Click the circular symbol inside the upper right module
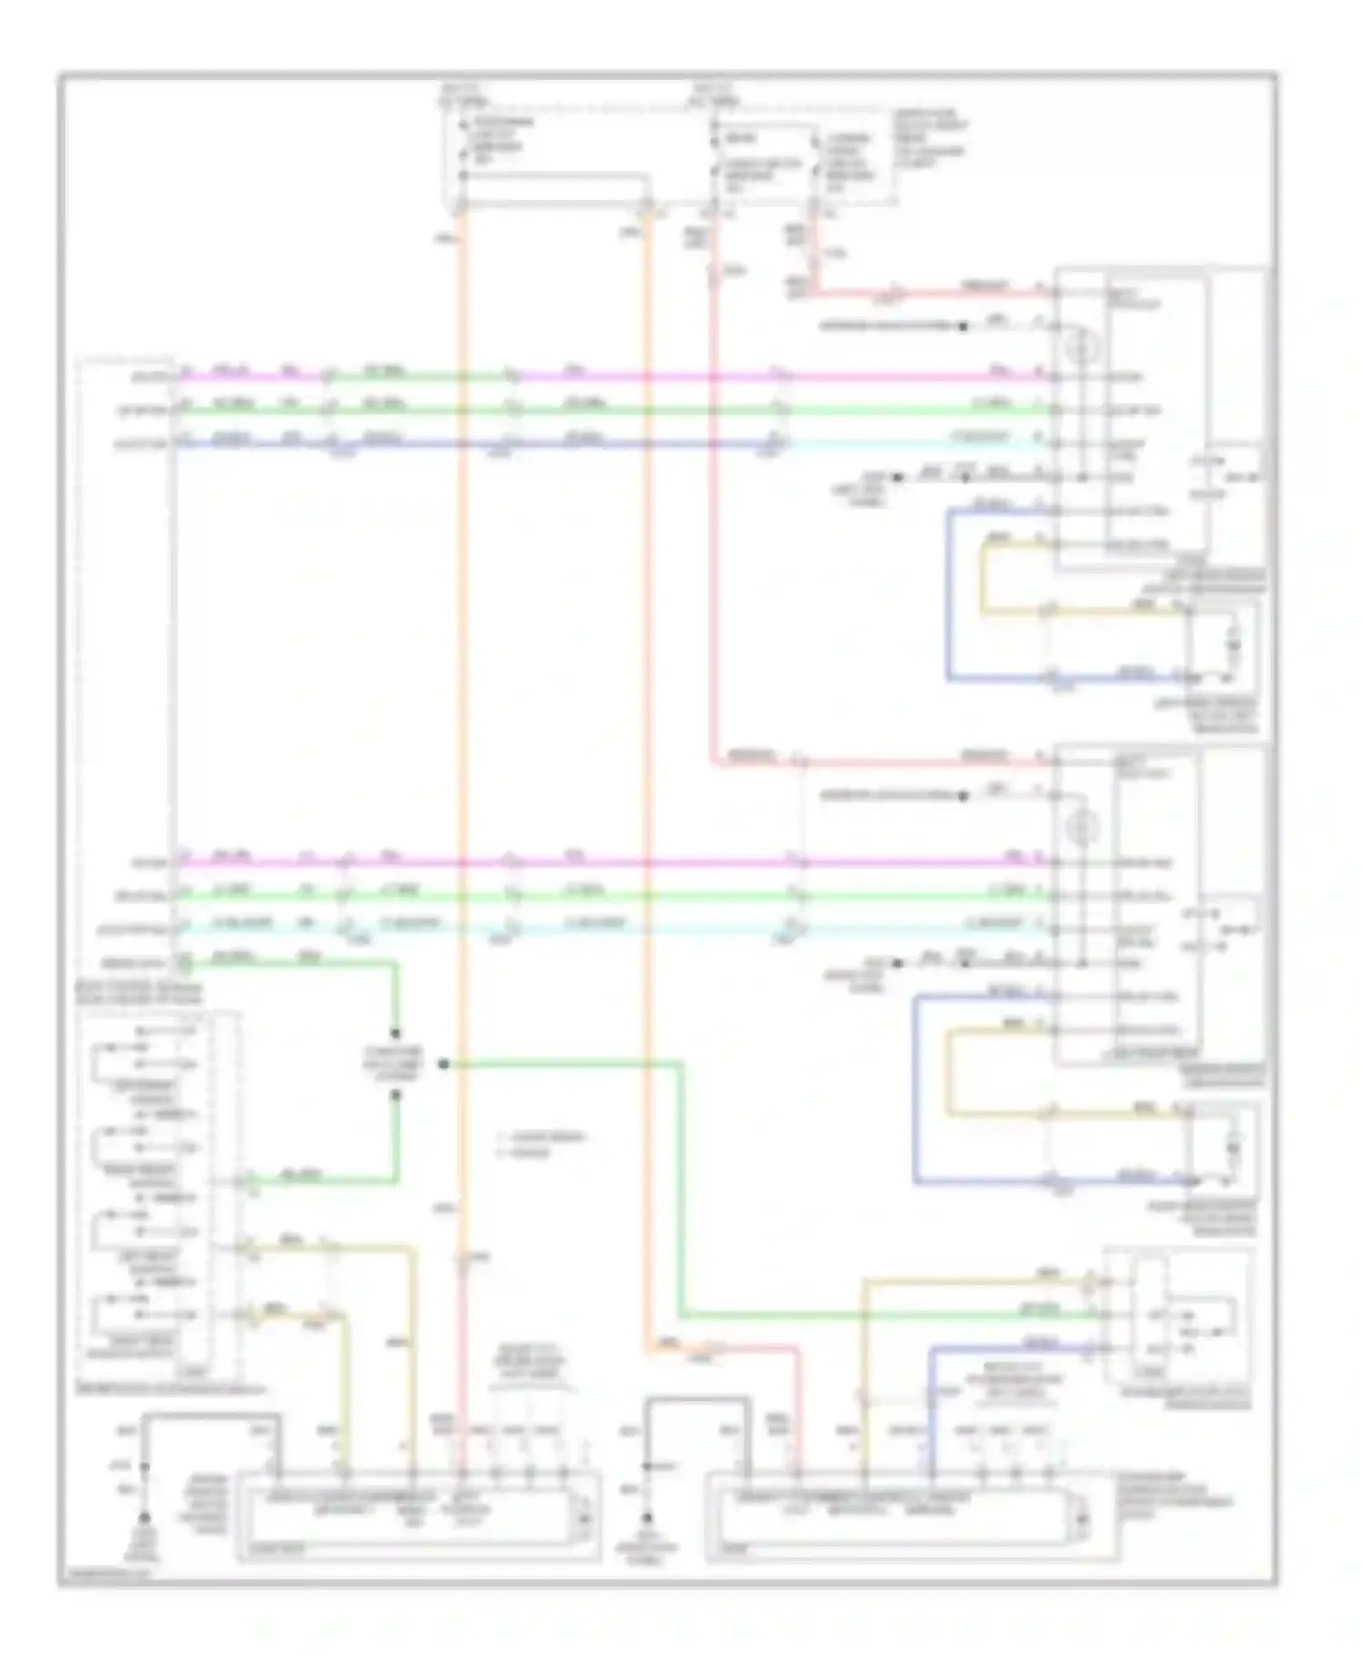[1083, 346]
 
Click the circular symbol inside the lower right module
[1083, 827]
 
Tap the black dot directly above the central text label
[396, 1033]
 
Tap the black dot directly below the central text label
[396, 1095]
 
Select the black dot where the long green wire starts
[443, 1064]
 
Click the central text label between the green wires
[396, 1064]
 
